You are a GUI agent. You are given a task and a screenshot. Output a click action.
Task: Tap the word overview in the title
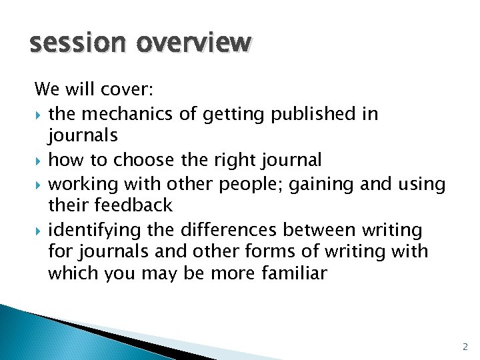pos(194,43)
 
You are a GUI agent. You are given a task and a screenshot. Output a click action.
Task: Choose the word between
pos(318,230)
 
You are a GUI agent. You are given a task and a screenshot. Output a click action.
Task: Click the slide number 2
pos(465,347)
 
